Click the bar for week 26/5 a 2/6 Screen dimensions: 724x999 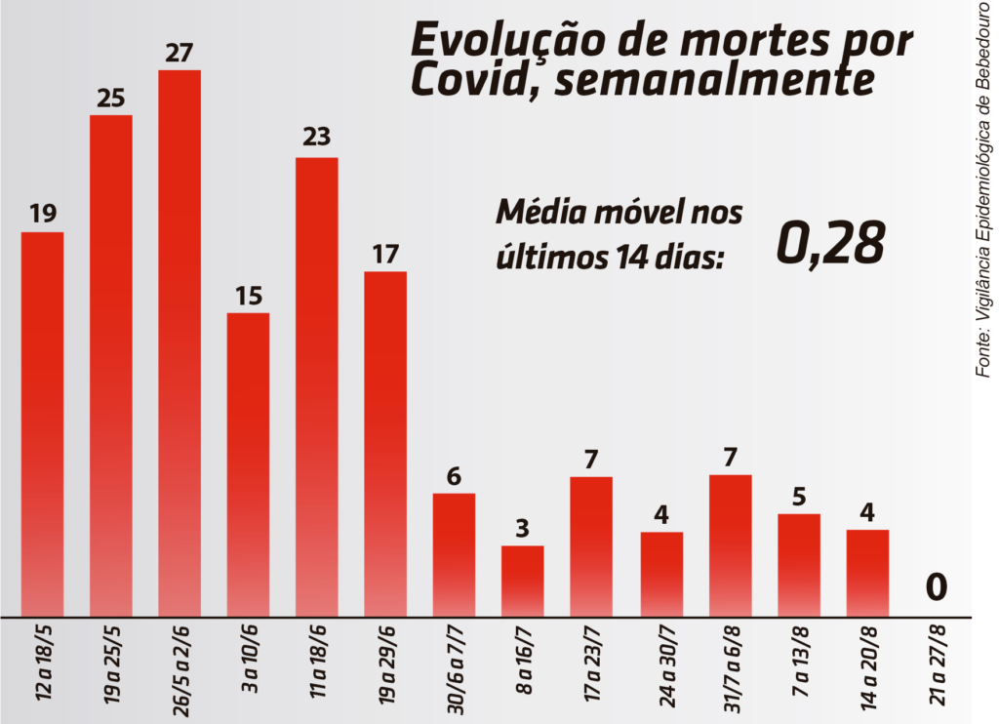(180, 342)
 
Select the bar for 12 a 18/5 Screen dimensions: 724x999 (42, 423)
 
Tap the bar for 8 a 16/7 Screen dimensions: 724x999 (522, 581)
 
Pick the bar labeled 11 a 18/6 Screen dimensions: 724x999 (317, 385)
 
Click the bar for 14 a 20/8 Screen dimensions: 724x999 (867, 573)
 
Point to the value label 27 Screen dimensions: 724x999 (180, 53)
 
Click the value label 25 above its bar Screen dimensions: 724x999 (111, 98)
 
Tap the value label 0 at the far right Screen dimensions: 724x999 (937, 587)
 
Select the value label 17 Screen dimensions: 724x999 (385, 255)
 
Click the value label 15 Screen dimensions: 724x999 (248, 296)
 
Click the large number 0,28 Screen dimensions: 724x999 (830, 243)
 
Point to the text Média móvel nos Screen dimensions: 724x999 (619, 213)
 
